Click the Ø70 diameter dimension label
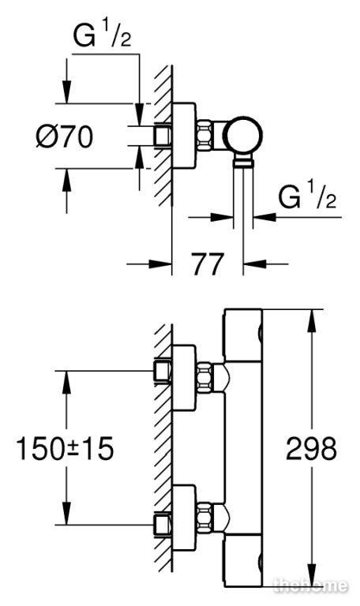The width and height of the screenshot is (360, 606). tap(65, 137)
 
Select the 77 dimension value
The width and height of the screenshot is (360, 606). tap(208, 265)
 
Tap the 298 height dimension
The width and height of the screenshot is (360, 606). tap(311, 449)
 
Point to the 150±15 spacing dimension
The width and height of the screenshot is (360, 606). tap(65, 449)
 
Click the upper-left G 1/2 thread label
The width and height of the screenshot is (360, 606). tap(103, 36)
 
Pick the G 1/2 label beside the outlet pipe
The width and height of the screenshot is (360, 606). tap(307, 197)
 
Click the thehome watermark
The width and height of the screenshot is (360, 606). tap(310, 586)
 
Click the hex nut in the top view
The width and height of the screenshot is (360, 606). tap(205, 134)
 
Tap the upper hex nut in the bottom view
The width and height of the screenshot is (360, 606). tap(205, 376)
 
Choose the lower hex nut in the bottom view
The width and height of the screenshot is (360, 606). tap(205, 517)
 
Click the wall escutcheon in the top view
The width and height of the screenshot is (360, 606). tap(184, 136)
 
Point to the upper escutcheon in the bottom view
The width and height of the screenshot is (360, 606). tap(184, 378)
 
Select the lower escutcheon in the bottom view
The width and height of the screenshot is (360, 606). tap(184, 518)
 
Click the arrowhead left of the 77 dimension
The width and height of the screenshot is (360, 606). tap(161, 264)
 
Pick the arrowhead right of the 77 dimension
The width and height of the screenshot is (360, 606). tap(254, 264)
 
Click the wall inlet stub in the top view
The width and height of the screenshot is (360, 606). tap(162, 136)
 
